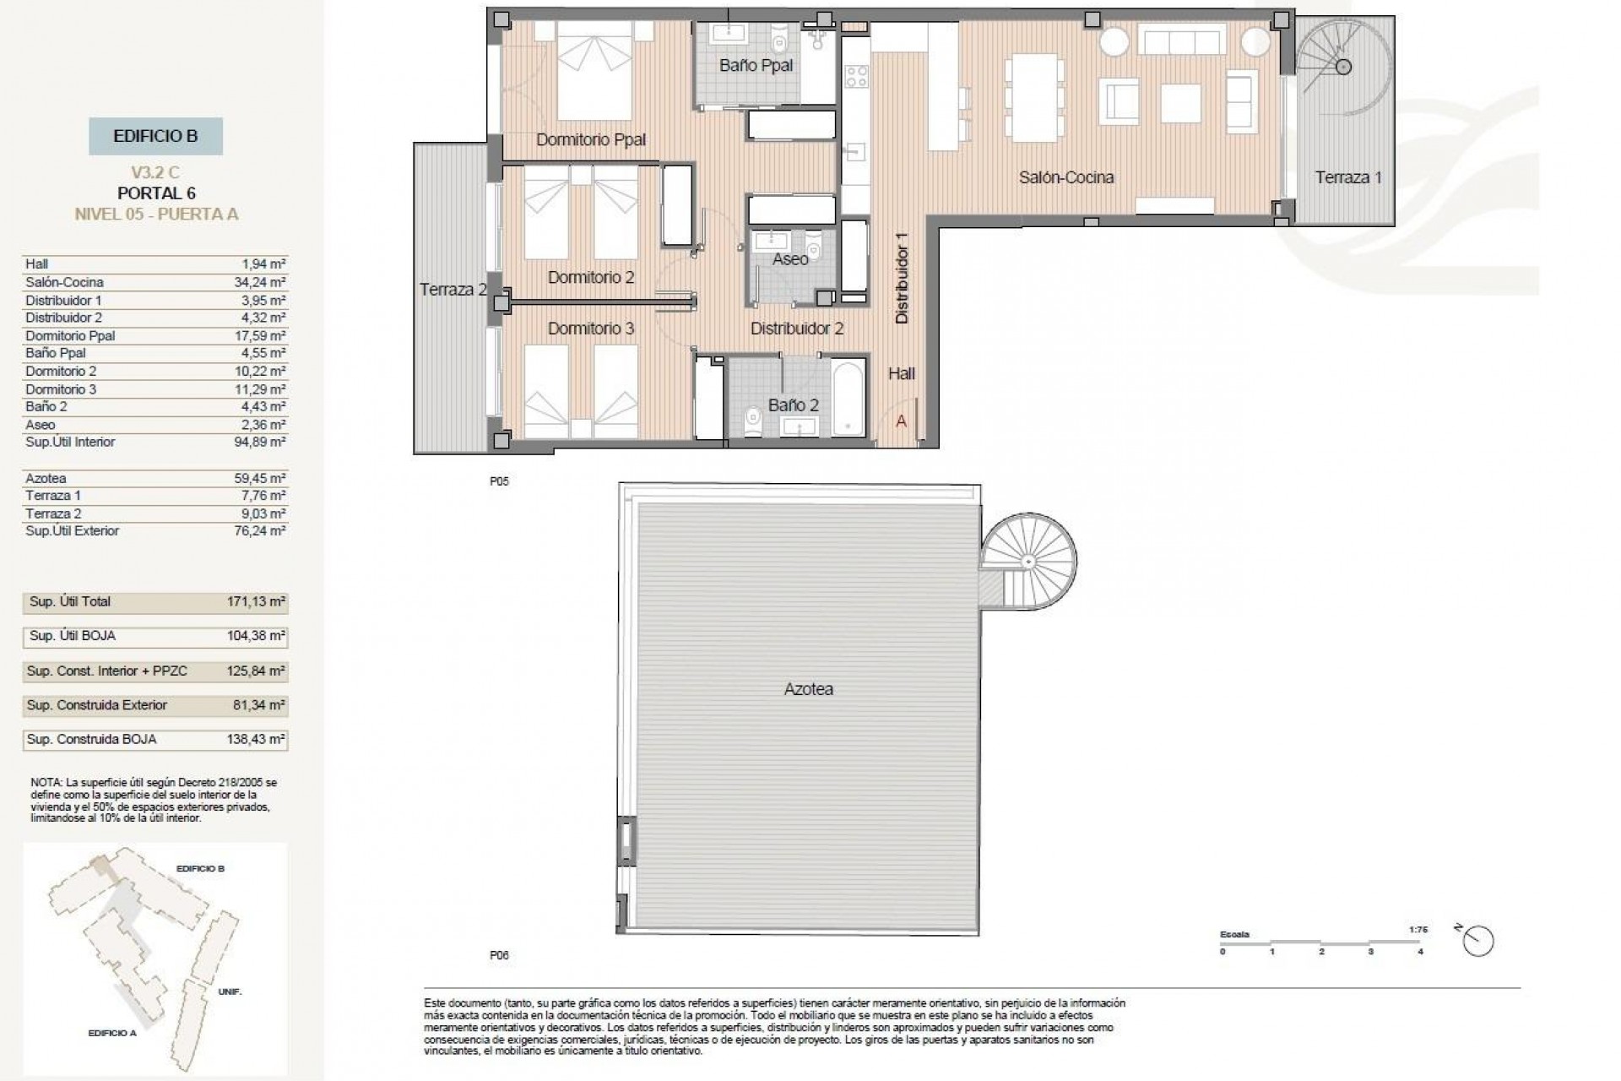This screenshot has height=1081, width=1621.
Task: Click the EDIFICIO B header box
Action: (x=155, y=136)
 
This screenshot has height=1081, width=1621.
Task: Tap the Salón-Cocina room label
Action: (x=1065, y=177)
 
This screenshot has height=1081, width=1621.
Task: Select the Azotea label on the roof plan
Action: (x=808, y=689)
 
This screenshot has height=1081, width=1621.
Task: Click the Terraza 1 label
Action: (x=1348, y=177)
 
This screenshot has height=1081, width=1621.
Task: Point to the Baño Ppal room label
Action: (x=756, y=66)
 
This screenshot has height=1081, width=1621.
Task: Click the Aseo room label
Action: (x=790, y=259)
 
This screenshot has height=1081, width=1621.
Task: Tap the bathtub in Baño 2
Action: (x=848, y=398)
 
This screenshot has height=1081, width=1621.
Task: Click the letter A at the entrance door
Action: (x=901, y=421)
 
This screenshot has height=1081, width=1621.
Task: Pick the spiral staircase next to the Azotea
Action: (x=1028, y=562)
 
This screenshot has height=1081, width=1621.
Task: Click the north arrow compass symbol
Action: (x=1478, y=940)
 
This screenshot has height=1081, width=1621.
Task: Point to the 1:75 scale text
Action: (x=1418, y=930)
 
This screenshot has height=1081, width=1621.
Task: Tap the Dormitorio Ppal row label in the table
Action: (x=70, y=335)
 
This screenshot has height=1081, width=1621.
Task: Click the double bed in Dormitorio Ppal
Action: (x=594, y=72)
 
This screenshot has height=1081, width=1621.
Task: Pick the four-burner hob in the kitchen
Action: (x=856, y=77)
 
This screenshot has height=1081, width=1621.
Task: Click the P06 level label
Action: (x=499, y=955)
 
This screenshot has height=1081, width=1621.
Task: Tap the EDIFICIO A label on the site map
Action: (x=111, y=1033)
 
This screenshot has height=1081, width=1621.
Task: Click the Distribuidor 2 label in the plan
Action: (x=796, y=329)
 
